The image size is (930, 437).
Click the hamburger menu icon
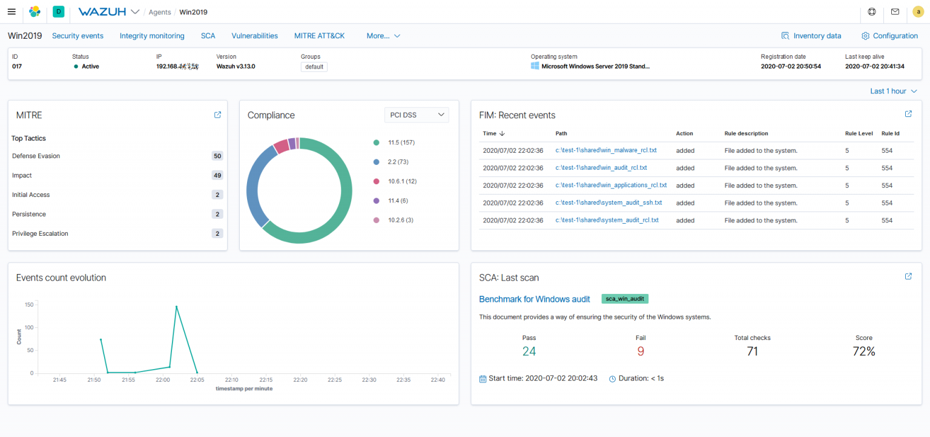click(x=12, y=12)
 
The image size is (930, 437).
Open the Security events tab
click(x=77, y=36)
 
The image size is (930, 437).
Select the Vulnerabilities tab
click(x=254, y=36)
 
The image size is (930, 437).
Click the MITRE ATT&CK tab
click(x=319, y=36)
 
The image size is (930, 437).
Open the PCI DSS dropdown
click(x=417, y=115)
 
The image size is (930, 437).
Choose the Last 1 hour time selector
click(x=893, y=91)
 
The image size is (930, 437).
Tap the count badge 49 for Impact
click(x=217, y=175)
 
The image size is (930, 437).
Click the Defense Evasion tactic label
click(x=36, y=156)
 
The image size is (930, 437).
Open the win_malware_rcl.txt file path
click(x=606, y=150)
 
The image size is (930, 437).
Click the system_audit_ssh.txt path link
click(x=608, y=202)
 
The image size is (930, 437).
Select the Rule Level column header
click(x=859, y=133)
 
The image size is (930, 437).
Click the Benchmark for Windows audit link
click(x=534, y=299)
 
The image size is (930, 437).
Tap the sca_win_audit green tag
click(x=625, y=299)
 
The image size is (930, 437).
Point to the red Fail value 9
click(x=641, y=351)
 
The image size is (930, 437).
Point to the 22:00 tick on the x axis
click(x=163, y=380)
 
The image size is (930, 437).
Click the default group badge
click(x=314, y=67)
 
